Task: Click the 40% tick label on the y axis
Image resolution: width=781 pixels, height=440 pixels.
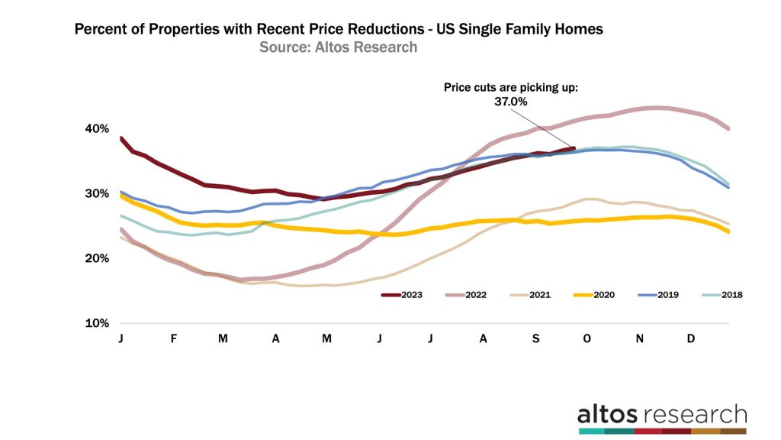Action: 98,128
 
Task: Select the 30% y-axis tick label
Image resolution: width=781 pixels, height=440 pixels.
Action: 98,193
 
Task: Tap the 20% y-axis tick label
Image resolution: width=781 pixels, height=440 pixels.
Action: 98,258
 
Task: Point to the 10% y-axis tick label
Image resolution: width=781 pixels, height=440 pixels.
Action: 98,323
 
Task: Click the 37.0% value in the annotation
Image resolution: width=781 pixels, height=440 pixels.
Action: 512,101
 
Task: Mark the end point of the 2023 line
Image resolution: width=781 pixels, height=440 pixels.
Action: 574,148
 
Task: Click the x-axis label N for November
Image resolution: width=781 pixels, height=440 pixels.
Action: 639,338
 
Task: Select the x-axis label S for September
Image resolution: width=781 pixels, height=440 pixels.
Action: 535,338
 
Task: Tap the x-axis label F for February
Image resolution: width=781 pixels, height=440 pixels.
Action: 173,338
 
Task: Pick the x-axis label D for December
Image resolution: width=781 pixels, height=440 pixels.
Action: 691,338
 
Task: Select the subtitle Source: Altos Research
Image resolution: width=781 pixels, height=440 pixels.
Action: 338,47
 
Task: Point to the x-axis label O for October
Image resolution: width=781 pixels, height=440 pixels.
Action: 587,338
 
